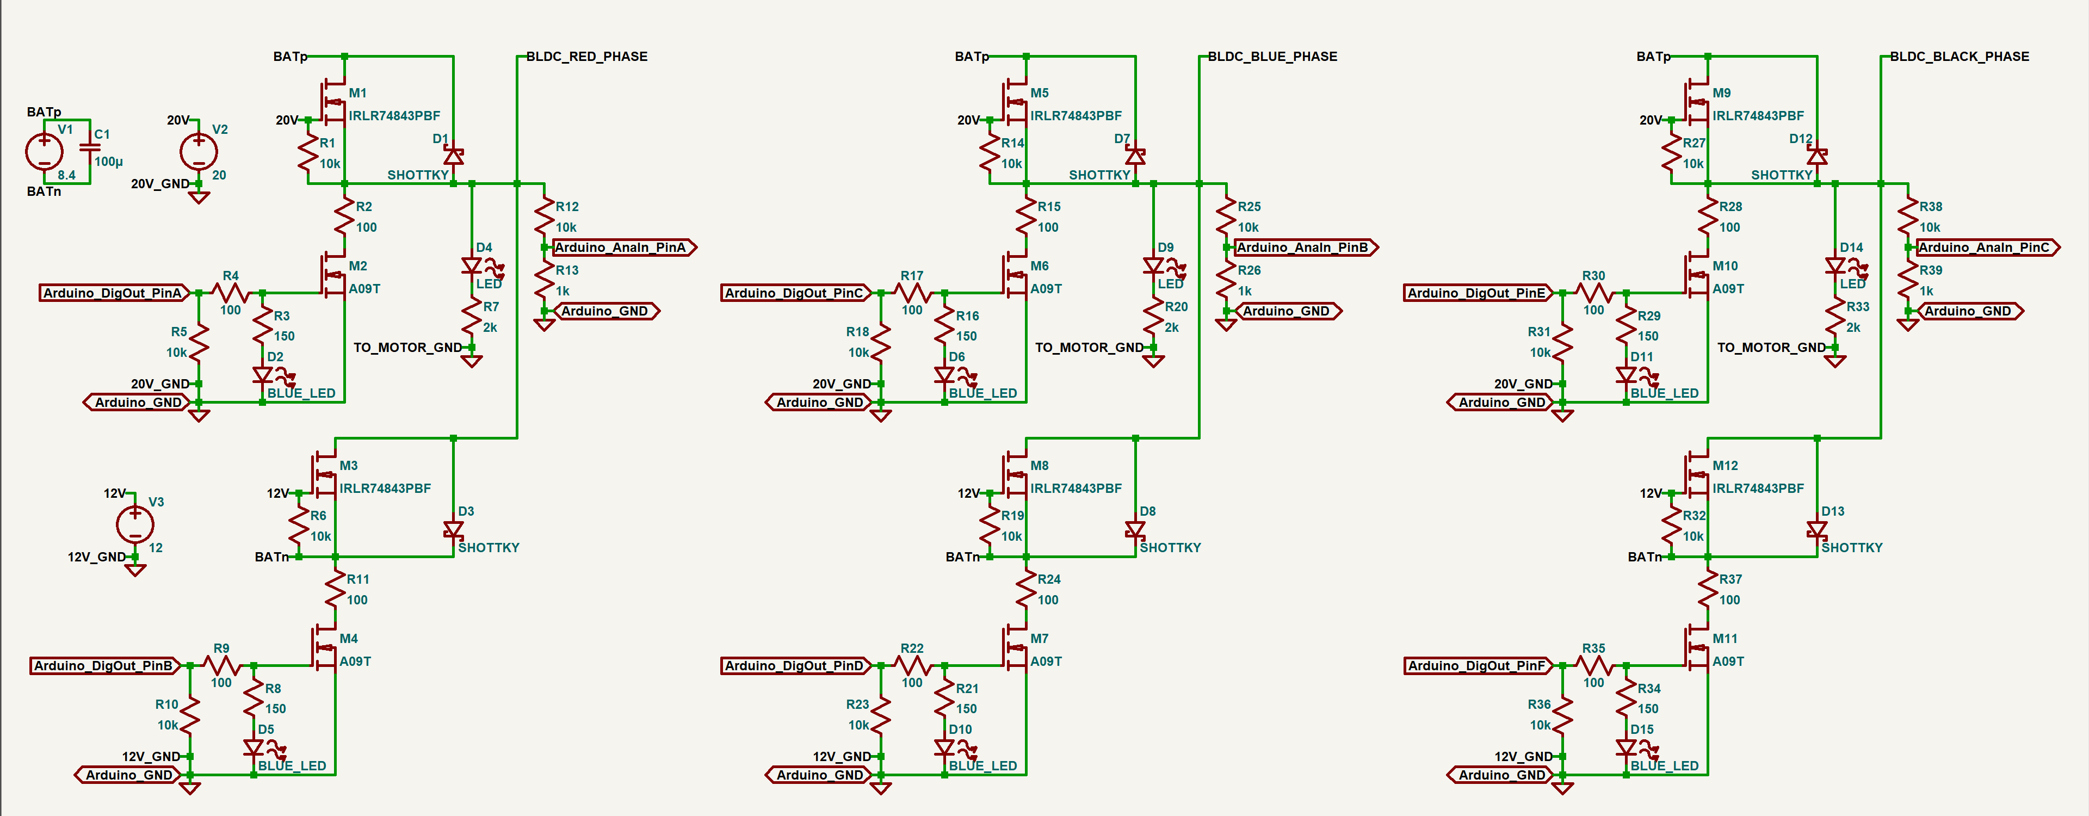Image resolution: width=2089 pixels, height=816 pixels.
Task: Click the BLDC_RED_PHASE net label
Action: (586, 57)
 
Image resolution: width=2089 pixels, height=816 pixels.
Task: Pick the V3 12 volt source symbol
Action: (134, 524)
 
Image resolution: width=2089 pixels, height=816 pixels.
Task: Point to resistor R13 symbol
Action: (544, 280)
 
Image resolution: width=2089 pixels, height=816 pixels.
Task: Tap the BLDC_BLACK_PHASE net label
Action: (1958, 57)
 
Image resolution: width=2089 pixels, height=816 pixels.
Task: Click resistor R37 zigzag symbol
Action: (1708, 590)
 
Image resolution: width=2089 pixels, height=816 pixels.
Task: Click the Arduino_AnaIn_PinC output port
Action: (1987, 248)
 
